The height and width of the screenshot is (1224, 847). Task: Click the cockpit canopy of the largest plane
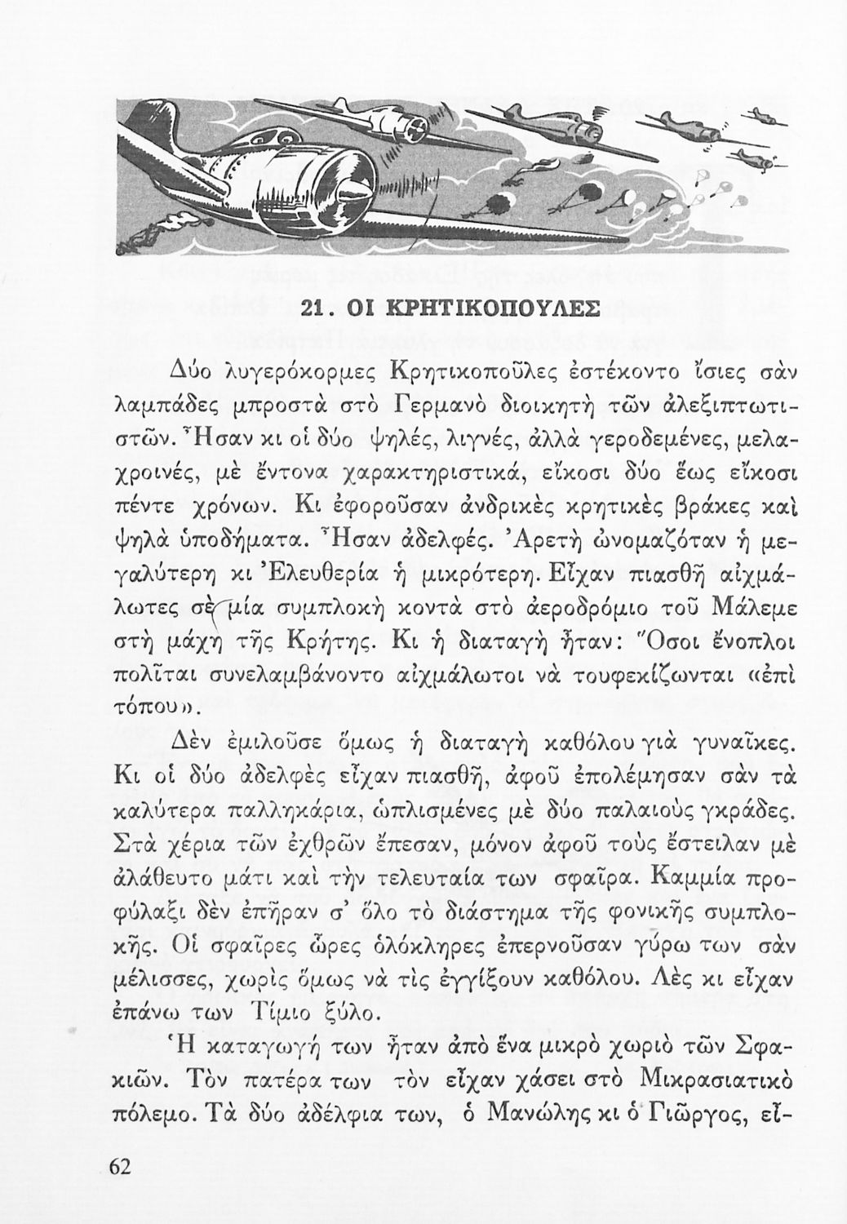pyautogui.click(x=291, y=146)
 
